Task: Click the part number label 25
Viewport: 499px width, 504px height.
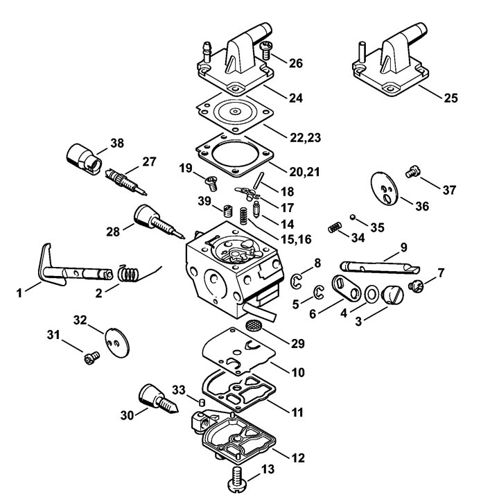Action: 450,98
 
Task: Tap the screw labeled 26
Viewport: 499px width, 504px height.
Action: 266,50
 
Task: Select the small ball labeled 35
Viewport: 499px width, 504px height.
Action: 353,217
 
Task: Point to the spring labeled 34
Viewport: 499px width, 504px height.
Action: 335,227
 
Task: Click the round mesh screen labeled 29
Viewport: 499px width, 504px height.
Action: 253,325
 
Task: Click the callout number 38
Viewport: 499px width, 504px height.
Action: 117,144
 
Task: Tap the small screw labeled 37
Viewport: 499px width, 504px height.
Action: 413,172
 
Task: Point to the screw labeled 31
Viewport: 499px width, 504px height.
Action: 92,358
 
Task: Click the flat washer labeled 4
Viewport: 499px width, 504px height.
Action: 371,294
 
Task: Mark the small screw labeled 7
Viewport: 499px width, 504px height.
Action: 416,286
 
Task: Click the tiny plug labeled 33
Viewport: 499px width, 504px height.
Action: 202,402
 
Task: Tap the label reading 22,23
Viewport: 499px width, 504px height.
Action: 305,137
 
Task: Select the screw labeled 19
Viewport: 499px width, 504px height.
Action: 212,182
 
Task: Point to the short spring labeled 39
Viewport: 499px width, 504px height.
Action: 228,211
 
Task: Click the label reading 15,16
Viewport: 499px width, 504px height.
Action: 296,239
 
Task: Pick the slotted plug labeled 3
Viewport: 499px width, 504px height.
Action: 392,295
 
